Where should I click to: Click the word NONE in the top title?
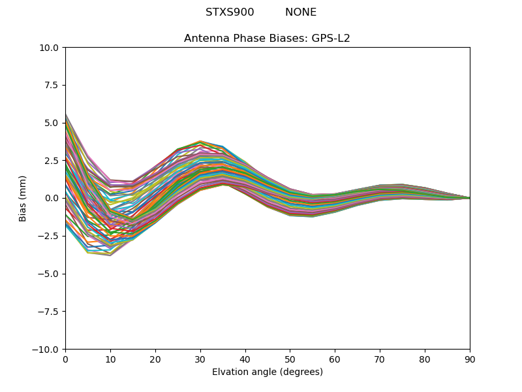pos(301,12)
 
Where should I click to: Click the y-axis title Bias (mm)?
pos(23,198)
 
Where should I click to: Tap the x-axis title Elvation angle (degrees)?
pos(268,372)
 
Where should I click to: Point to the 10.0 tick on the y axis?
pos(51,48)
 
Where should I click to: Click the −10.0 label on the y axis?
pos(48,349)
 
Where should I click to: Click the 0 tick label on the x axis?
pos(65,359)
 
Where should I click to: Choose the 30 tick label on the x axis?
pos(200,359)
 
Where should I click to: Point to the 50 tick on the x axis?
pos(290,359)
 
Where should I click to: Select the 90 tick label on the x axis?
pos(470,359)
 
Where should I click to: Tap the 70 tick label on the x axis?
pos(380,359)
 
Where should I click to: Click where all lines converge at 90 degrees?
pos(469,198)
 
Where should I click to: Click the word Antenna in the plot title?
pos(205,39)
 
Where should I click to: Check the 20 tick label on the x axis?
pos(155,359)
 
